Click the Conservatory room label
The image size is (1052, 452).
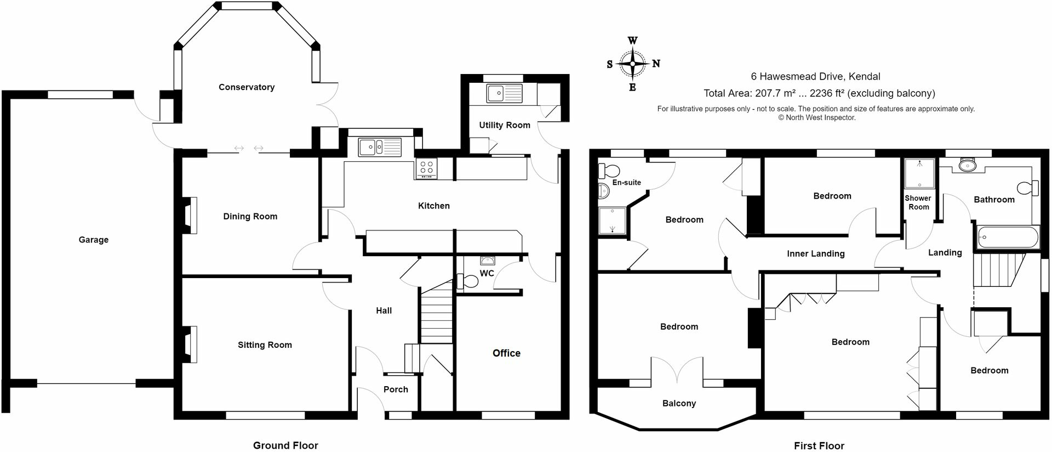(247, 87)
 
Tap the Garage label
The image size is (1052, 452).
(94, 240)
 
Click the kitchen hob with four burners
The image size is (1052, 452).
(426, 167)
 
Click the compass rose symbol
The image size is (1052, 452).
(632, 64)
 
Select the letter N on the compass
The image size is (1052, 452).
(656, 64)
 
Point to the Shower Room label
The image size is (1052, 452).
(918, 202)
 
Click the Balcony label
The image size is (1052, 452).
(679, 403)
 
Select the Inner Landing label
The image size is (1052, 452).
(816, 253)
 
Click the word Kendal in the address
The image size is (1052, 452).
(865, 77)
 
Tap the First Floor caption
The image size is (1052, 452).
(819, 445)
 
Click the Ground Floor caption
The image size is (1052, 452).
(285, 445)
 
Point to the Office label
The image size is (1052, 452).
(506, 353)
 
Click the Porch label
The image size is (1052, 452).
(396, 389)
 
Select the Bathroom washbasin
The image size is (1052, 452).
(967, 164)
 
